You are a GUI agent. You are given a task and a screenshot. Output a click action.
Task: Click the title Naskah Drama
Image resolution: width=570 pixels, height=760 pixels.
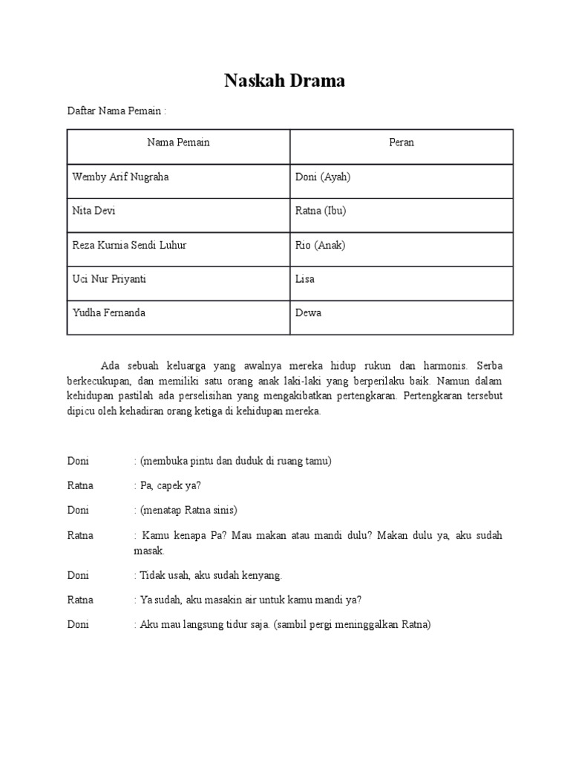pos(285,81)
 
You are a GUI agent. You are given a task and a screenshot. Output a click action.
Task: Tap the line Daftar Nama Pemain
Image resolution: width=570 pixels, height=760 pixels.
pos(116,111)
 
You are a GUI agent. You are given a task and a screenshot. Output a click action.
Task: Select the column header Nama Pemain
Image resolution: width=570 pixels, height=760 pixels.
pos(178,142)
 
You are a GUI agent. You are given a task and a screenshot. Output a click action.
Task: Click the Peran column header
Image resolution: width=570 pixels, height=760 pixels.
pos(402,142)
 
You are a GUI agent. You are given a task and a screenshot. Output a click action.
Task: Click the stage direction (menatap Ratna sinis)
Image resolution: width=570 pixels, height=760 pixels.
pos(188,510)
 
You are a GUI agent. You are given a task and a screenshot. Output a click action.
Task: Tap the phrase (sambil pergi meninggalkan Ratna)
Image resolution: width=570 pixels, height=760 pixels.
pos(352,624)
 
